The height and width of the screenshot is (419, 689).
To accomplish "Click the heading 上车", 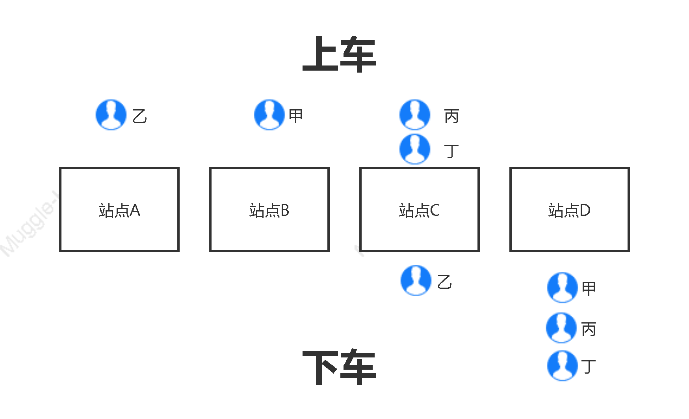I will tap(339, 54).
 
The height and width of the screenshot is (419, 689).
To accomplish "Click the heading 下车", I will tap(339, 367).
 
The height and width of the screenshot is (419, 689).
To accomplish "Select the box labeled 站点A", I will tap(119, 209).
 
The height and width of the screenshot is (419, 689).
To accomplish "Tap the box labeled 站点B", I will tap(269, 209).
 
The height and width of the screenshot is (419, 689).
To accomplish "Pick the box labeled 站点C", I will tap(420, 209).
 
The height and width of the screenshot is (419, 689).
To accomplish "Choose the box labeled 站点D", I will tap(570, 209).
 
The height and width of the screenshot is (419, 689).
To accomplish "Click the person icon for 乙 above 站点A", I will tap(111, 115).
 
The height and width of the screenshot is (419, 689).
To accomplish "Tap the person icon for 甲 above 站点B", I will tap(269, 115).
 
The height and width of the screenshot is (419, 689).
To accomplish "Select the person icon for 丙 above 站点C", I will tap(415, 115).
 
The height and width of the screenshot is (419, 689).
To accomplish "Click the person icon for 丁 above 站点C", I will tap(415, 149).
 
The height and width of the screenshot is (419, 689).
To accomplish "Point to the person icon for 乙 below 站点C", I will tap(416, 281).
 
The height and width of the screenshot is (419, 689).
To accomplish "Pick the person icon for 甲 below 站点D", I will tap(563, 288).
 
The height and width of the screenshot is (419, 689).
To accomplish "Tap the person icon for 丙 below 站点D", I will tap(562, 328).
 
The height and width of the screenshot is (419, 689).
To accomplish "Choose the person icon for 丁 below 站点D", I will tap(563, 366).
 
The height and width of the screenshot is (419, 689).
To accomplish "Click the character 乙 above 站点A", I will tap(140, 116).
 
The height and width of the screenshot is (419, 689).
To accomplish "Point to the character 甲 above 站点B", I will tap(295, 116).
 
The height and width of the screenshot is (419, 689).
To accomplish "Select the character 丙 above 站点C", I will tap(451, 116).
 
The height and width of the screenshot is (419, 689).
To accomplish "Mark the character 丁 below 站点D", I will tap(589, 367).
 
